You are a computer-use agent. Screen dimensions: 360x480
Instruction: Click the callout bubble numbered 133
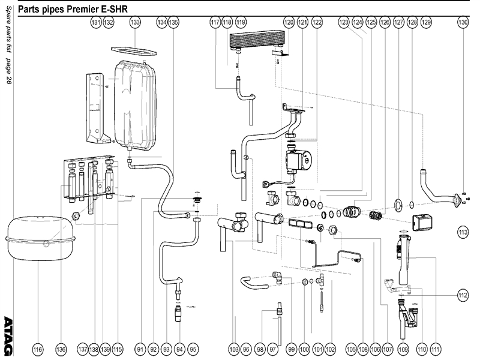pos(135,22)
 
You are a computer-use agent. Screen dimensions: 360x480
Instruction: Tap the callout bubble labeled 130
pos(463,22)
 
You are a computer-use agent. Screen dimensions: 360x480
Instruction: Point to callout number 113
pos(463,231)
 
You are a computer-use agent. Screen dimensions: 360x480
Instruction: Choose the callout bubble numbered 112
pos(463,295)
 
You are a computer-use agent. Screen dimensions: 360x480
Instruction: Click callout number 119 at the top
pos(241,22)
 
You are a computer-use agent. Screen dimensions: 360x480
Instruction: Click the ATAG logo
pos(8,334)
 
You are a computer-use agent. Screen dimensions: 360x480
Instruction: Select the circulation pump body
pos(298,161)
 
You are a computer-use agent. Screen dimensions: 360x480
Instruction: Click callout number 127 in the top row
pos(398,22)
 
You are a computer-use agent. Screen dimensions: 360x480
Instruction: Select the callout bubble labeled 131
pos(95,22)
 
